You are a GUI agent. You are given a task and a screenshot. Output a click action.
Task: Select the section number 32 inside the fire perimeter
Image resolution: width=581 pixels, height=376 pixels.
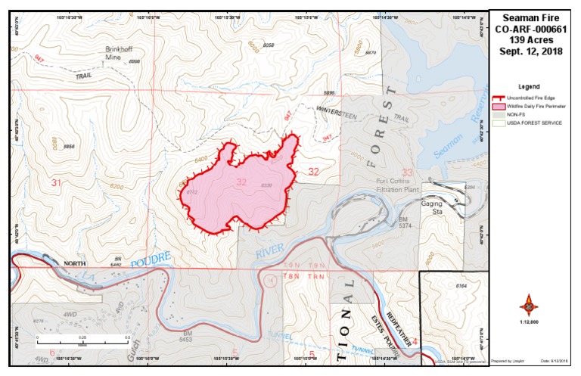point(241,182)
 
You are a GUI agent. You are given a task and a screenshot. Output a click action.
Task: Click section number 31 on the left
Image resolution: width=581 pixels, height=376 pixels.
point(55,183)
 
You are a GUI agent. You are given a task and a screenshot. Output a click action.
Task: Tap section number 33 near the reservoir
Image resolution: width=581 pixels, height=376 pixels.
point(407,172)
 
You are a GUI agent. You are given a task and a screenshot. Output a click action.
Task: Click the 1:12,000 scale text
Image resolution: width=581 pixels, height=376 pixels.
point(529,324)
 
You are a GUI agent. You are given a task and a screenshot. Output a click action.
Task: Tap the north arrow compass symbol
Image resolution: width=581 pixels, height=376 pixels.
point(529,306)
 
